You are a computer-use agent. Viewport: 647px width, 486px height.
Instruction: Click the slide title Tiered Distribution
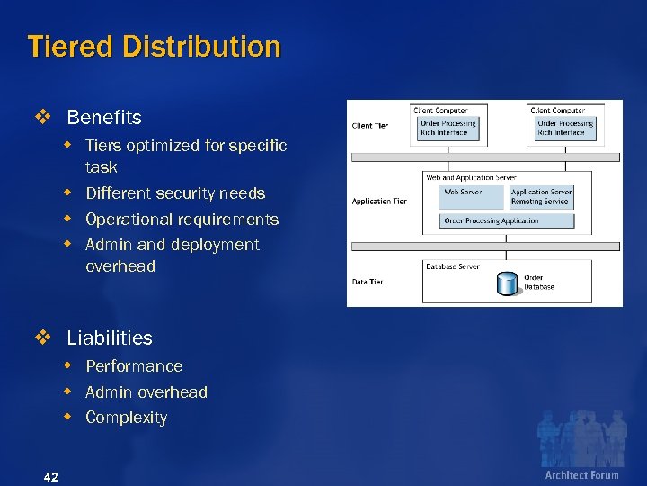tap(154, 47)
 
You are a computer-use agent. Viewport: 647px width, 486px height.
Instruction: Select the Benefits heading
tap(104, 118)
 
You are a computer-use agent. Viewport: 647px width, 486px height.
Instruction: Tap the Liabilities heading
tap(110, 338)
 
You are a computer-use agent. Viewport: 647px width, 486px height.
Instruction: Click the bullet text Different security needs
tap(175, 193)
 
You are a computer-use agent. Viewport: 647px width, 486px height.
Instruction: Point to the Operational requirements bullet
tap(182, 220)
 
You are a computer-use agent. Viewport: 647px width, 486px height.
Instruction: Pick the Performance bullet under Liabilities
tap(134, 366)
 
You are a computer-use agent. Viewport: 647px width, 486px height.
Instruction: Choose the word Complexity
tap(126, 418)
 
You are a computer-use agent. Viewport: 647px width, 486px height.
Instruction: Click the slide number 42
tap(50, 476)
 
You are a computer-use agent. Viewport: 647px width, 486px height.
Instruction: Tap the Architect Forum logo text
tap(581, 474)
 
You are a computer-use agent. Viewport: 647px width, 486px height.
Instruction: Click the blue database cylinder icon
tap(508, 283)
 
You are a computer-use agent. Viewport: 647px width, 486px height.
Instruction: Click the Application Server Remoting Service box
tap(540, 197)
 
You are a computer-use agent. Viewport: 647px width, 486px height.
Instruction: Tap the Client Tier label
tap(370, 126)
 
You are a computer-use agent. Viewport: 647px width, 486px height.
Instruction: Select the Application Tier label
tap(379, 202)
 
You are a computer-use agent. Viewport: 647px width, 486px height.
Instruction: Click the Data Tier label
tap(368, 282)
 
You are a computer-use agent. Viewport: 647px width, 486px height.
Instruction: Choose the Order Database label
tap(539, 283)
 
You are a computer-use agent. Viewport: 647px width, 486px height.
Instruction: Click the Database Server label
tap(453, 266)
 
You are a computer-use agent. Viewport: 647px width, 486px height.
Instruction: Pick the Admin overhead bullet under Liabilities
tap(146, 392)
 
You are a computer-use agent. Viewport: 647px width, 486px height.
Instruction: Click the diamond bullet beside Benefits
tap(41, 118)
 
